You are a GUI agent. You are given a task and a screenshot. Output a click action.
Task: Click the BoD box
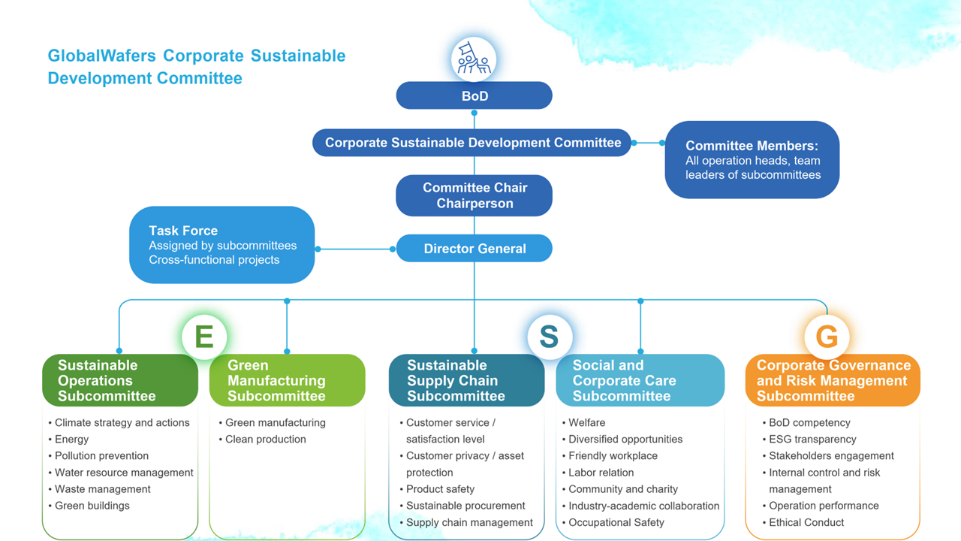[474, 96]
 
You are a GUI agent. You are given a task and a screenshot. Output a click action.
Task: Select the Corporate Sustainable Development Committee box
[473, 143]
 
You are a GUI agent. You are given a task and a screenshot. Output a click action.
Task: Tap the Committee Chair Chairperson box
[474, 195]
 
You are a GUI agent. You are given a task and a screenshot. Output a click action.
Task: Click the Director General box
[474, 249]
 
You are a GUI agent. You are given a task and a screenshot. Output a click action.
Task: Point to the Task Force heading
[183, 231]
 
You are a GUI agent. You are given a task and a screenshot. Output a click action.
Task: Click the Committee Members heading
[752, 146]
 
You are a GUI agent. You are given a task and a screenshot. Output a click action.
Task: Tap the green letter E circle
[204, 337]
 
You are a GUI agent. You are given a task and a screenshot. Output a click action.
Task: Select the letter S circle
[549, 337]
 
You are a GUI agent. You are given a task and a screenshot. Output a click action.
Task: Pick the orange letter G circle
[827, 337]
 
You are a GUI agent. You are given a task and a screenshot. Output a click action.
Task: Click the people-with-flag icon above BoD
[474, 59]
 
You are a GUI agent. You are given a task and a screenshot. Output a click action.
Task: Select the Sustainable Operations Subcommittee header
[120, 380]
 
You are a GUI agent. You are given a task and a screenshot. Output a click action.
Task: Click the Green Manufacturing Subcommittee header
[287, 380]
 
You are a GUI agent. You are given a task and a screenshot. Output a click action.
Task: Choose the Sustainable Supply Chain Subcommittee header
[466, 380]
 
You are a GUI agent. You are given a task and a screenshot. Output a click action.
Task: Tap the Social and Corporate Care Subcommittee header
[640, 380]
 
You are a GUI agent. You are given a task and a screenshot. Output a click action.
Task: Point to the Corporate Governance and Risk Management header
[833, 380]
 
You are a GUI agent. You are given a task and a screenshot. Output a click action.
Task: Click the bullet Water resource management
[124, 473]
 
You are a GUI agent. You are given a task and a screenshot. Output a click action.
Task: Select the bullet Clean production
[266, 440]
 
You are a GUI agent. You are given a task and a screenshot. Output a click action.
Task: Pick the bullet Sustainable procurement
[465, 506]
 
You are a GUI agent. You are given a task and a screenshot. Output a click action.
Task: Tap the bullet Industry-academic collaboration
[643, 506]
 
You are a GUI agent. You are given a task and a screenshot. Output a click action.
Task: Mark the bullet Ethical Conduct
[806, 522]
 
